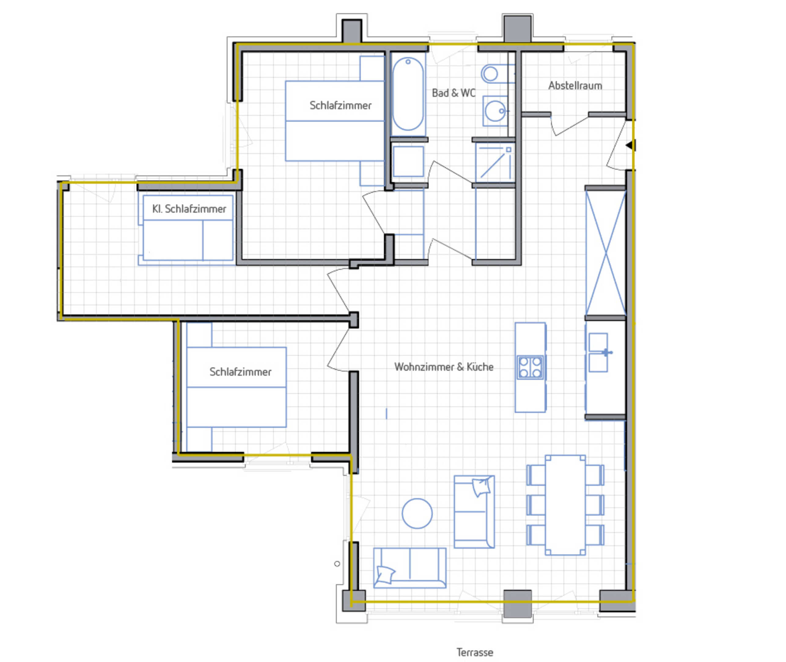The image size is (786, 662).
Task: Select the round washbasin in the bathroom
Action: (495, 111)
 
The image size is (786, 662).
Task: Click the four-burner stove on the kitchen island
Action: (530, 367)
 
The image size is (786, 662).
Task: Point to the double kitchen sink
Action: (598, 352)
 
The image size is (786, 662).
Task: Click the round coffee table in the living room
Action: (417, 513)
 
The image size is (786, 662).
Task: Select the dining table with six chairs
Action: (565, 505)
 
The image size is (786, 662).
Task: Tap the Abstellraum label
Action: (575, 86)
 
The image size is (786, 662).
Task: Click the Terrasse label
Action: (475, 652)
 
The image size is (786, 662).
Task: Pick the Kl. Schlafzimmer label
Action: (189, 209)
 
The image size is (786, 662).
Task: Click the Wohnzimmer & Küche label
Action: (444, 367)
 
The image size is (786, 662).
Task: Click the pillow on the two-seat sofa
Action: (385, 575)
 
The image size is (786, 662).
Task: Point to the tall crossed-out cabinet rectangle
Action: (605, 253)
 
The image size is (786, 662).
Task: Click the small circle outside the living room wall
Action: (337, 564)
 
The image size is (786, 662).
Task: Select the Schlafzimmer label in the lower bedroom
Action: (240, 372)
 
